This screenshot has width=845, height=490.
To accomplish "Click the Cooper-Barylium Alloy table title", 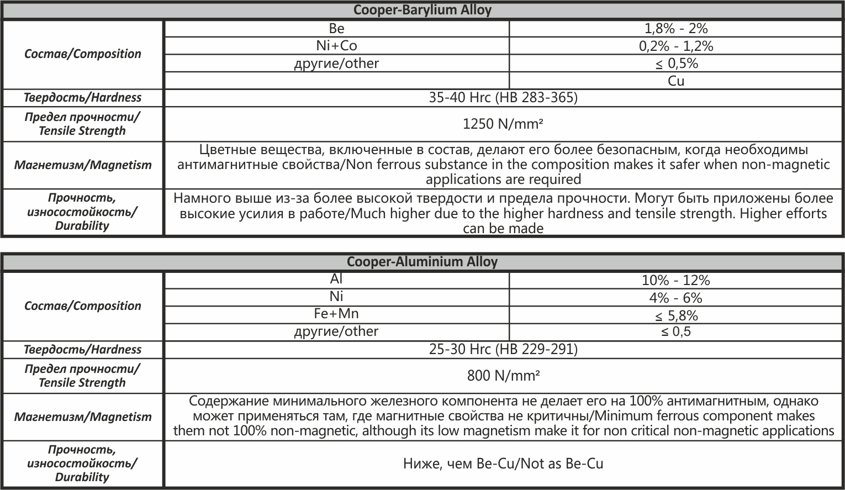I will coord(422,10).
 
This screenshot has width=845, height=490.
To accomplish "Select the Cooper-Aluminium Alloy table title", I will coord(422,262).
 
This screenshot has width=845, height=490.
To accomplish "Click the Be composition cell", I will coord(336,29).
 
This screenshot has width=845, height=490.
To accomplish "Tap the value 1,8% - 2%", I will coord(676,29).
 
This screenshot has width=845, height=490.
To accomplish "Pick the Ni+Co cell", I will coord(336,46).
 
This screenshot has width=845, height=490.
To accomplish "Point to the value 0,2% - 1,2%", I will coord(676,46).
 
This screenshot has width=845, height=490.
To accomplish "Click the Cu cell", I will coord(676,81).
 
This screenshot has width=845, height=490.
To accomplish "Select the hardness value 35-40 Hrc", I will coord(503,98).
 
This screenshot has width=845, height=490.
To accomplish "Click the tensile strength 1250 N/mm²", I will coord(503,124).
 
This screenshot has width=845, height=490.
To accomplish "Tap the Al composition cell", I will coord(336,280).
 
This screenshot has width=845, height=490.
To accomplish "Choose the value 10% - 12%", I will coord(676,281).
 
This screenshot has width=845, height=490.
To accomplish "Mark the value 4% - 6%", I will coord(676,298).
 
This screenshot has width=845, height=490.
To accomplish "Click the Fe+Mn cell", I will coord(336,314).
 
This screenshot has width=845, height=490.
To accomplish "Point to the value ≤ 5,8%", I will coord(676,316).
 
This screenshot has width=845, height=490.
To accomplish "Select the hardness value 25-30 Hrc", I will coord(503,350).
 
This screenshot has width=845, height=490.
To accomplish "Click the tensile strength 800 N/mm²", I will coord(503,376).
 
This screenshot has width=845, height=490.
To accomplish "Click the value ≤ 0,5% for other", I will coord(676,64).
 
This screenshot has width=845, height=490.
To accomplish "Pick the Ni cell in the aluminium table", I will coord(336,297).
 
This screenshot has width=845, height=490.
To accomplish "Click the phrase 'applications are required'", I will coord(503,180).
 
